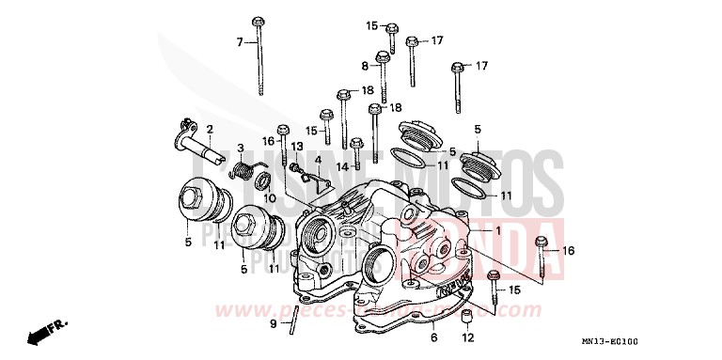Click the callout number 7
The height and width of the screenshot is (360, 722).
[x=240, y=42]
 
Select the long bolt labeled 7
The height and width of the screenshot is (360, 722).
[x=258, y=56]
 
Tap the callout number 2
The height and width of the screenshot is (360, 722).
[x=210, y=129]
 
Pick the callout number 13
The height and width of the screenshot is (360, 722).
[x=295, y=147]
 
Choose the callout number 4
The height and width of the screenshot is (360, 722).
[x=319, y=160]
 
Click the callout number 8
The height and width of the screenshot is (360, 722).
[x=365, y=66]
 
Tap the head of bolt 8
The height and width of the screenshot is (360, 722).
[x=383, y=57]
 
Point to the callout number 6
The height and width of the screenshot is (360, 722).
[x=433, y=337]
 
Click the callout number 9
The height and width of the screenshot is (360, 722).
[x=273, y=323]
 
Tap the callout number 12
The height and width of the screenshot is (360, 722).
[x=467, y=337]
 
